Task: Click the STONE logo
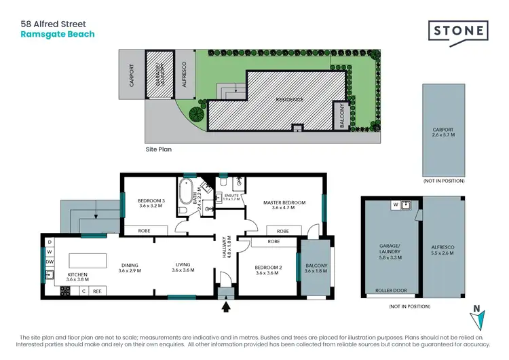click(458, 31)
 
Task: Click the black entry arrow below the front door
click(226, 308)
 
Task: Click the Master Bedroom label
click(284, 205)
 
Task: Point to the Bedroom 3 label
click(152, 203)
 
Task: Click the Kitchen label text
click(77, 276)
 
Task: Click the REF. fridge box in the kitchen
click(97, 291)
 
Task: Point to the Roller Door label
click(391, 291)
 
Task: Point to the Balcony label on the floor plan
click(316, 268)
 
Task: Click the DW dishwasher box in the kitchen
click(50, 262)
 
